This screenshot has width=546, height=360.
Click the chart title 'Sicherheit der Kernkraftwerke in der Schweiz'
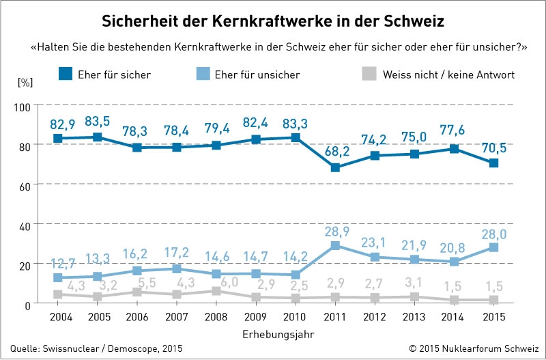tap(272, 21)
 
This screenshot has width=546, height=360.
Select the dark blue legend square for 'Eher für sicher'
tap(66, 74)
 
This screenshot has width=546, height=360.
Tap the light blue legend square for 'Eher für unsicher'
tap(203, 74)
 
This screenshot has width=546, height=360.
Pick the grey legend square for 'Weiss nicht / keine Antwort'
tap(369, 74)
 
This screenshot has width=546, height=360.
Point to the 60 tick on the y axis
tap(25, 184)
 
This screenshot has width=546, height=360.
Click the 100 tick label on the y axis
tap(23, 106)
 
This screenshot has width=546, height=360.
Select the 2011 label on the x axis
tap(334, 317)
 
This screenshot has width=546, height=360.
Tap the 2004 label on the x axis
tap(61, 317)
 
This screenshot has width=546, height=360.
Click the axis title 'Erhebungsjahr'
tap(278, 335)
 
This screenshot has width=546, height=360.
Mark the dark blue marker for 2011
tap(335, 167)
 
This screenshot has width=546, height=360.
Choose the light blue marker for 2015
tap(493, 247)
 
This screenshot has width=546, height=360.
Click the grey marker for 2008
tap(216, 290)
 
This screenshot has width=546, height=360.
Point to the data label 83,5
tap(98, 122)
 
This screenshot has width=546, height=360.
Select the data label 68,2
tap(337, 152)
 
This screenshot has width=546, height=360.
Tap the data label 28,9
tap(337, 232)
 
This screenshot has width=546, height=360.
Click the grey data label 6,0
tap(230, 281)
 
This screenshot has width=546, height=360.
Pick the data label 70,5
tap(493, 148)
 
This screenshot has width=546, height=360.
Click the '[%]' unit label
tap(25, 83)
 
